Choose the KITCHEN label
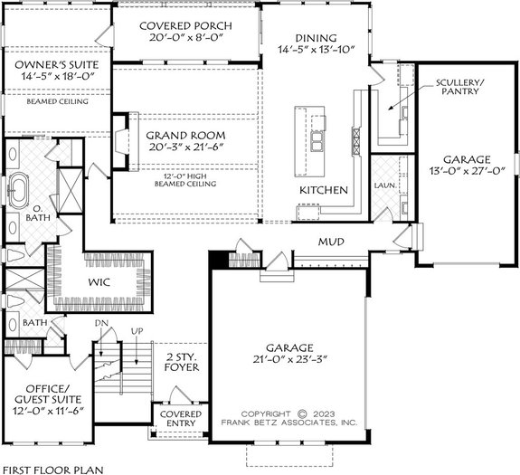(324, 191)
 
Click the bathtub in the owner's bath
(21, 191)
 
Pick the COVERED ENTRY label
(181, 418)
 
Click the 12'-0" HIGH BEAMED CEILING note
(190, 179)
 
